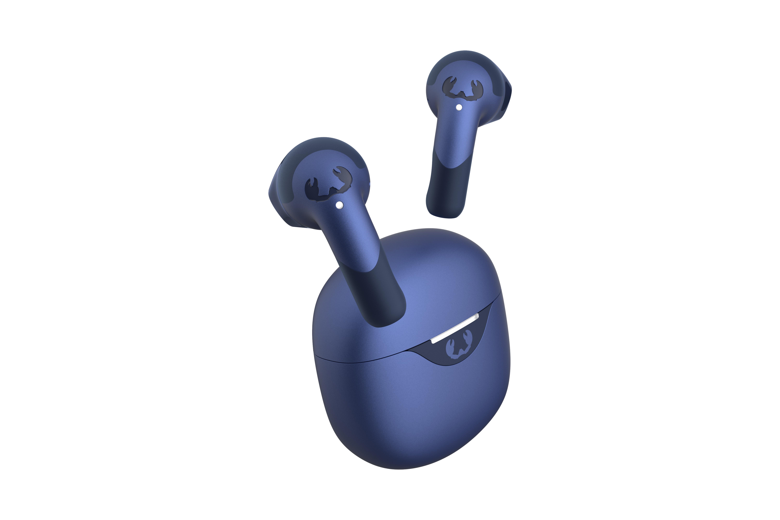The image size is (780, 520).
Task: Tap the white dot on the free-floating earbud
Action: coord(459,107)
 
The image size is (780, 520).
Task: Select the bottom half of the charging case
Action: coord(411,415)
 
